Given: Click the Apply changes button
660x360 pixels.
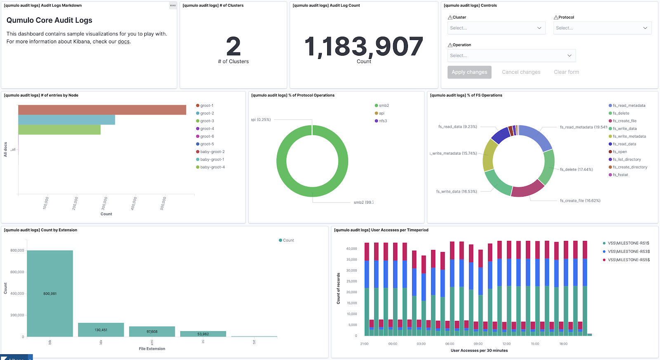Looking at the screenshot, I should [x=469, y=72].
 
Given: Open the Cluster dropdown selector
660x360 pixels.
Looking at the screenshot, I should [x=496, y=28].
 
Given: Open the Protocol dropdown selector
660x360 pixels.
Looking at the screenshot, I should [x=602, y=28].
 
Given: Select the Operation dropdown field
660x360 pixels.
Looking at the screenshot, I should [x=511, y=56].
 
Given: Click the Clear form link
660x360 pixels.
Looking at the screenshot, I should [x=566, y=72].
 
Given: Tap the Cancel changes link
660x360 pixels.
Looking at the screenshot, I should [x=521, y=72].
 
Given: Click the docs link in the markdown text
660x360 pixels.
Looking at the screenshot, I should [x=123, y=42].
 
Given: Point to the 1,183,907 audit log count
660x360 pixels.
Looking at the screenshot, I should [x=363, y=46].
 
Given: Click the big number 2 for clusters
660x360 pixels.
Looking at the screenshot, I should [x=233, y=46].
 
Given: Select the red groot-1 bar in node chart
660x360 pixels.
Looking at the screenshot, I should [x=102, y=110].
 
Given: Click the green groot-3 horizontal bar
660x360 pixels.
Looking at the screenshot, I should [x=59, y=129].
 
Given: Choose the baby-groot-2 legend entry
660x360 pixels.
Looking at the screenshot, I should [x=212, y=152].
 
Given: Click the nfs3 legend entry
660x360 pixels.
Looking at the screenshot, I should [x=383, y=121].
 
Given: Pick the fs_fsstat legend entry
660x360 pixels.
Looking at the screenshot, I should [x=620, y=175].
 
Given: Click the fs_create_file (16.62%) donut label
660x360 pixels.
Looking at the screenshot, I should [x=580, y=201].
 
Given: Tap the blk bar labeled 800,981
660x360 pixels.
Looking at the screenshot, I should [x=50, y=293].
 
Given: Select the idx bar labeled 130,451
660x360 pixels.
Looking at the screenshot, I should [x=101, y=329].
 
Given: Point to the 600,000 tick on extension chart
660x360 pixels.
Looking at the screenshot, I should [x=17, y=272].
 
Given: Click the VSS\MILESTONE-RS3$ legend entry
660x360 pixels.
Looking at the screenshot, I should [x=628, y=252].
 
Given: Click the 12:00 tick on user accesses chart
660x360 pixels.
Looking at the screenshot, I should [x=506, y=344].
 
